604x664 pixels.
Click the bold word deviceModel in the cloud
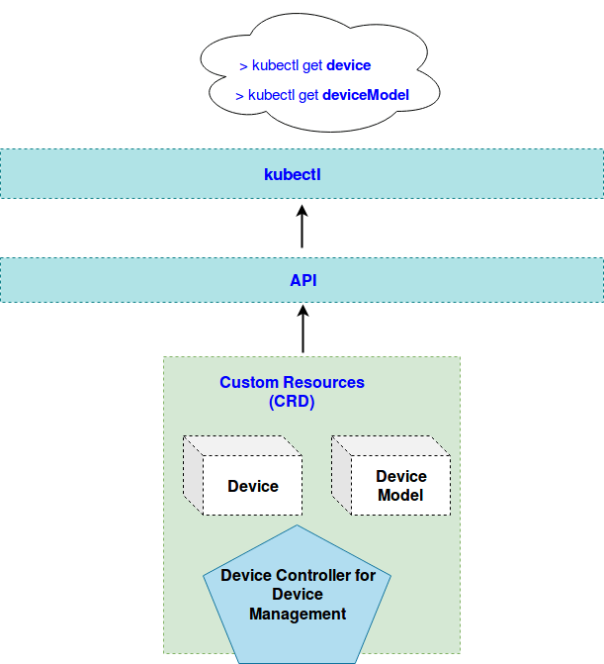coord(365,96)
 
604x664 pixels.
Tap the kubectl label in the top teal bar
coord(293,174)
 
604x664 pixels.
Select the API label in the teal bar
coord(302,281)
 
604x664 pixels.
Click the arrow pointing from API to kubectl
coord(302,227)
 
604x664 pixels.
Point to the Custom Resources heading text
coord(292,382)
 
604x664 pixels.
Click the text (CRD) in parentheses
coord(292,402)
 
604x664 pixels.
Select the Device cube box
coord(252,485)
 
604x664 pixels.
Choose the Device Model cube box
coord(400,485)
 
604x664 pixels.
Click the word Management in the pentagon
coord(298,614)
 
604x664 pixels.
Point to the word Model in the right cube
coord(400,495)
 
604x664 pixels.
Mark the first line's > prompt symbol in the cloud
coord(243,66)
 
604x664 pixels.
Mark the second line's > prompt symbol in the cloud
coord(240,96)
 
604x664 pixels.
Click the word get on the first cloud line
coord(312,66)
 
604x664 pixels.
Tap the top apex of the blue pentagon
coord(298,527)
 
